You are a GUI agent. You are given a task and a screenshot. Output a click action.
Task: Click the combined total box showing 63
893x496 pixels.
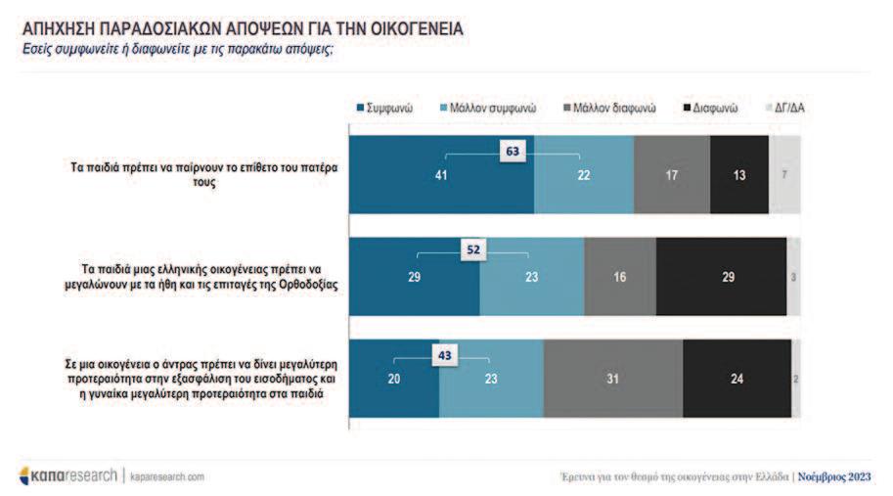(x=513, y=151)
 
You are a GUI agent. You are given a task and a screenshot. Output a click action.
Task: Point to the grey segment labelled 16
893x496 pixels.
(x=620, y=277)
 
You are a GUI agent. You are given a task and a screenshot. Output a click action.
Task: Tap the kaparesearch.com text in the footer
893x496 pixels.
(x=167, y=476)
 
